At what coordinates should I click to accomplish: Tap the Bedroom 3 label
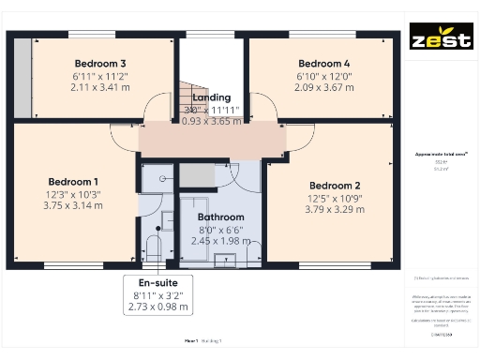click(100, 64)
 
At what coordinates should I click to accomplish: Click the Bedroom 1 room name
click(73, 181)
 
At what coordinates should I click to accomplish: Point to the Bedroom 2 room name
click(335, 185)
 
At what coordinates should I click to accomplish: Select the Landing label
click(211, 97)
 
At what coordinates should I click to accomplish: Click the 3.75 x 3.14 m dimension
click(73, 205)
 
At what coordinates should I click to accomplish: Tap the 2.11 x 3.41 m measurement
click(100, 88)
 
